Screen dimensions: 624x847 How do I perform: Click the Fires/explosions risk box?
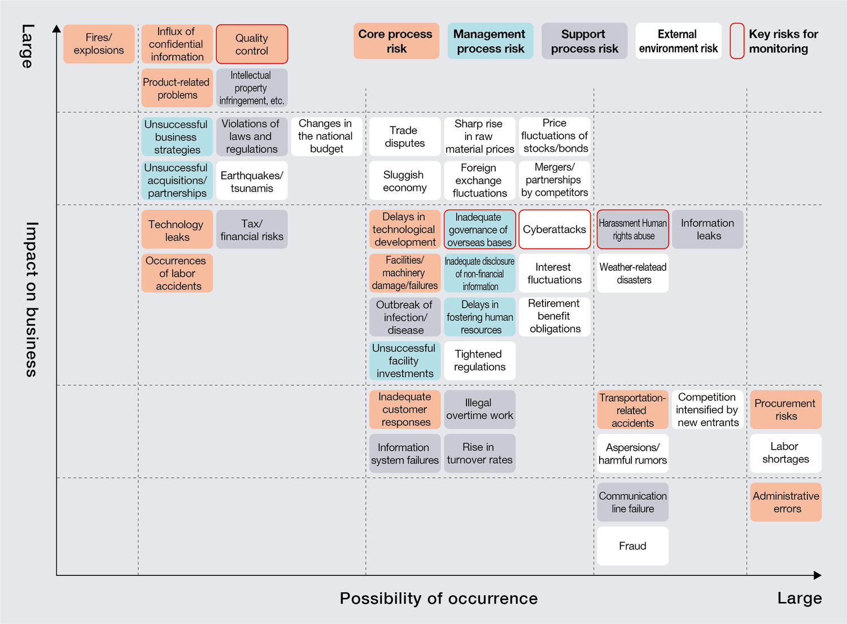click(99, 44)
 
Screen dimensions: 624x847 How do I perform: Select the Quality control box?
click(252, 44)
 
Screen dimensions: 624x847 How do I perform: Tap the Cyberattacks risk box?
click(555, 229)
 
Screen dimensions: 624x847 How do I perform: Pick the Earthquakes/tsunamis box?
click(252, 181)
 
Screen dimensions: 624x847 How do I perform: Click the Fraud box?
click(632, 546)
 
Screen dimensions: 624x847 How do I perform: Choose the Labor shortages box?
click(785, 453)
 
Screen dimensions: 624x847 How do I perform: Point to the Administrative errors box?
click(785, 502)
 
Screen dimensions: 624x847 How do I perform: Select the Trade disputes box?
click(404, 137)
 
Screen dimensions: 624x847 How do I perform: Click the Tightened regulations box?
click(479, 360)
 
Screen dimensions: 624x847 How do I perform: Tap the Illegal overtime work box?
click(479, 409)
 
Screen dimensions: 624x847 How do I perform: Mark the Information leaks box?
click(708, 229)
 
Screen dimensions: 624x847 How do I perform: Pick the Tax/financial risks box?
click(252, 229)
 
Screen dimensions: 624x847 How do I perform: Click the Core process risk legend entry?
click(396, 41)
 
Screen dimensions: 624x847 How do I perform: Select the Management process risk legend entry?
click(490, 41)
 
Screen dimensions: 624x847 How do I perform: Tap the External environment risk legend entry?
click(678, 41)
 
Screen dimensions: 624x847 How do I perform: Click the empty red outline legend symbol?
click(737, 41)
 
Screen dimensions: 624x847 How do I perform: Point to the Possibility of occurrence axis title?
click(439, 599)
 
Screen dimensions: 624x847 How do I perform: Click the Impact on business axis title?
click(32, 299)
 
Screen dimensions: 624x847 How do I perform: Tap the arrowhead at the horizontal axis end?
click(818, 575)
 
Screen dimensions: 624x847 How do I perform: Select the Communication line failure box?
click(632, 502)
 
